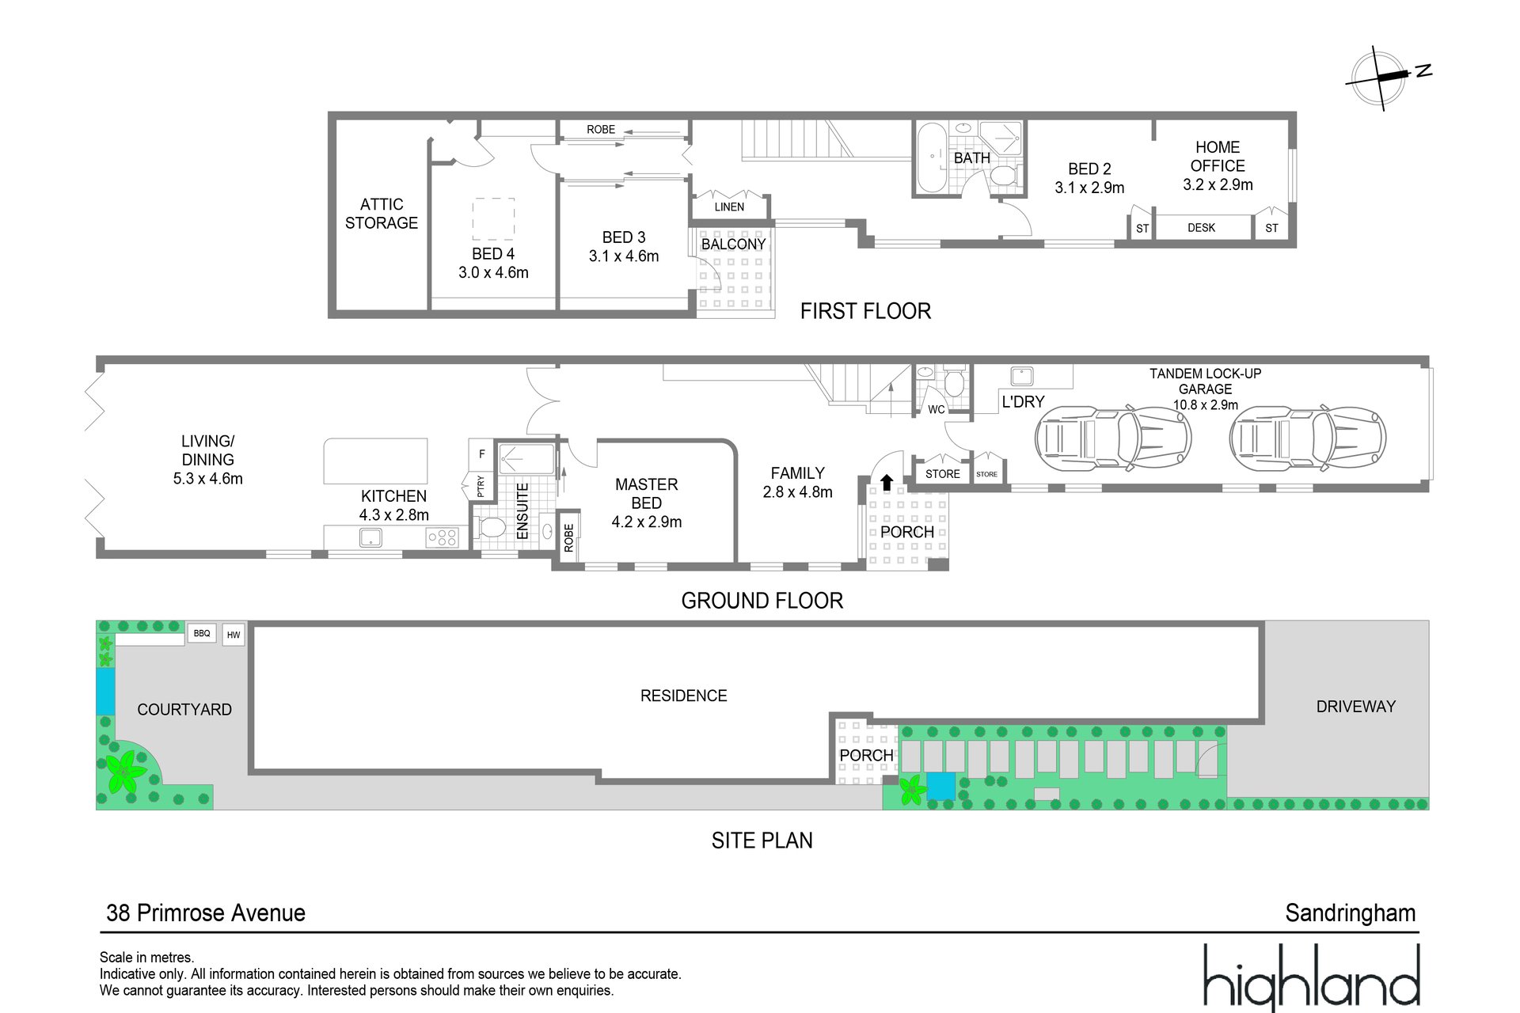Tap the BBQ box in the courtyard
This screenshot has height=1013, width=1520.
(x=202, y=633)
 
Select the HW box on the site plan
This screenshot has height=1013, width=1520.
(x=234, y=635)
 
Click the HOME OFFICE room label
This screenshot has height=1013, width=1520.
(x=1218, y=157)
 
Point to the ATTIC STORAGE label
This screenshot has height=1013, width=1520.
(x=382, y=214)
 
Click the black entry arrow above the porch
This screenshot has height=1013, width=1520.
(x=887, y=482)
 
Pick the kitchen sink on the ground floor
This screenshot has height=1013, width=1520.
(x=370, y=537)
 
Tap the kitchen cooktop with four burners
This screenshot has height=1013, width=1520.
(x=442, y=537)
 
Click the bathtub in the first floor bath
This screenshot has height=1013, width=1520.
(x=932, y=157)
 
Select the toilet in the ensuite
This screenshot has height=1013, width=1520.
(x=492, y=527)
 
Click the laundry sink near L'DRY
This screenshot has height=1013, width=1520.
(x=1022, y=375)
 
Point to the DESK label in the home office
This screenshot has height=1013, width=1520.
(x=1201, y=228)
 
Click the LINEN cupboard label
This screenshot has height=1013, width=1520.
(x=729, y=207)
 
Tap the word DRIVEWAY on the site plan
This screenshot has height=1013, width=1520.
(x=1356, y=707)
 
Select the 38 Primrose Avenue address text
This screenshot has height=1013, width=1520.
(x=206, y=913)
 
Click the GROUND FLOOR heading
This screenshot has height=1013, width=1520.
(x=762, y=601)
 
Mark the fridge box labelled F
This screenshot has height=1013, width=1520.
(x=481, y=454)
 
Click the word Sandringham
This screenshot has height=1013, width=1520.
(x=1351, y=913)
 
